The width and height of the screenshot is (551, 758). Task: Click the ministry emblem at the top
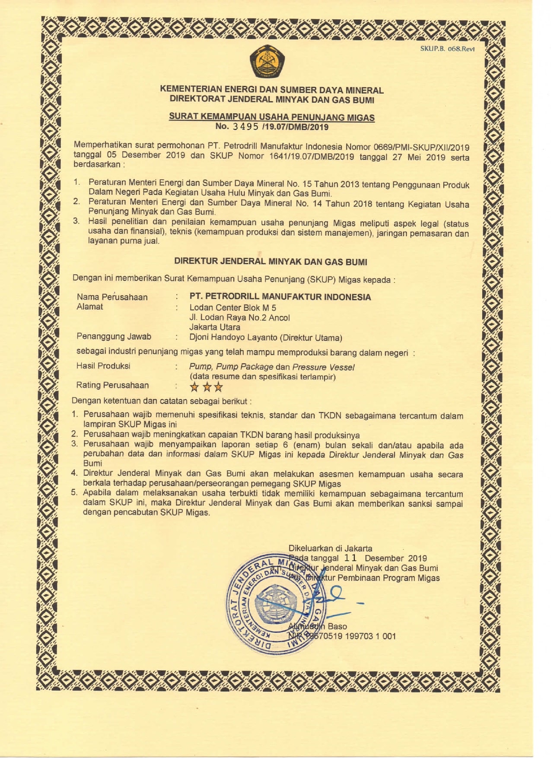coord(267,62)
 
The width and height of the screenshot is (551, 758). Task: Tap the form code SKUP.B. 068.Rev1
coord(447,49)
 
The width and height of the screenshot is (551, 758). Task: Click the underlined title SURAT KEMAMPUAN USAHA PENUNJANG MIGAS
coord(271,117)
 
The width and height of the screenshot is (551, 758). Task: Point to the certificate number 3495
coord(245,127)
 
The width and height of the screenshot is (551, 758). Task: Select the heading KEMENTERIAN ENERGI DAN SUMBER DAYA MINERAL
coord(271,90)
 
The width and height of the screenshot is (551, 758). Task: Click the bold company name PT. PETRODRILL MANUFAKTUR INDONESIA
coord(280,297)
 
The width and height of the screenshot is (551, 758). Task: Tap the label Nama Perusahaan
coord(112,297)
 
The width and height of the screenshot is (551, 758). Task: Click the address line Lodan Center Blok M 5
coord(233,308)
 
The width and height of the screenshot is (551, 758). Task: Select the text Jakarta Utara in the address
coord(214,327)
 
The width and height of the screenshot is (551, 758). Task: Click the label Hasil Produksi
coord(103,366)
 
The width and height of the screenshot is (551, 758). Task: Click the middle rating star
coord(207,387)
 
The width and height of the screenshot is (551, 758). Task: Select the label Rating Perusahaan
coord(112,385)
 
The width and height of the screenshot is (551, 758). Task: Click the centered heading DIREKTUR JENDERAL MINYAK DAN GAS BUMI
coord(271,261)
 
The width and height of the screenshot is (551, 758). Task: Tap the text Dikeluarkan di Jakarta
coord(330,548)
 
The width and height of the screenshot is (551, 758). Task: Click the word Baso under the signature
coord(337,626)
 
